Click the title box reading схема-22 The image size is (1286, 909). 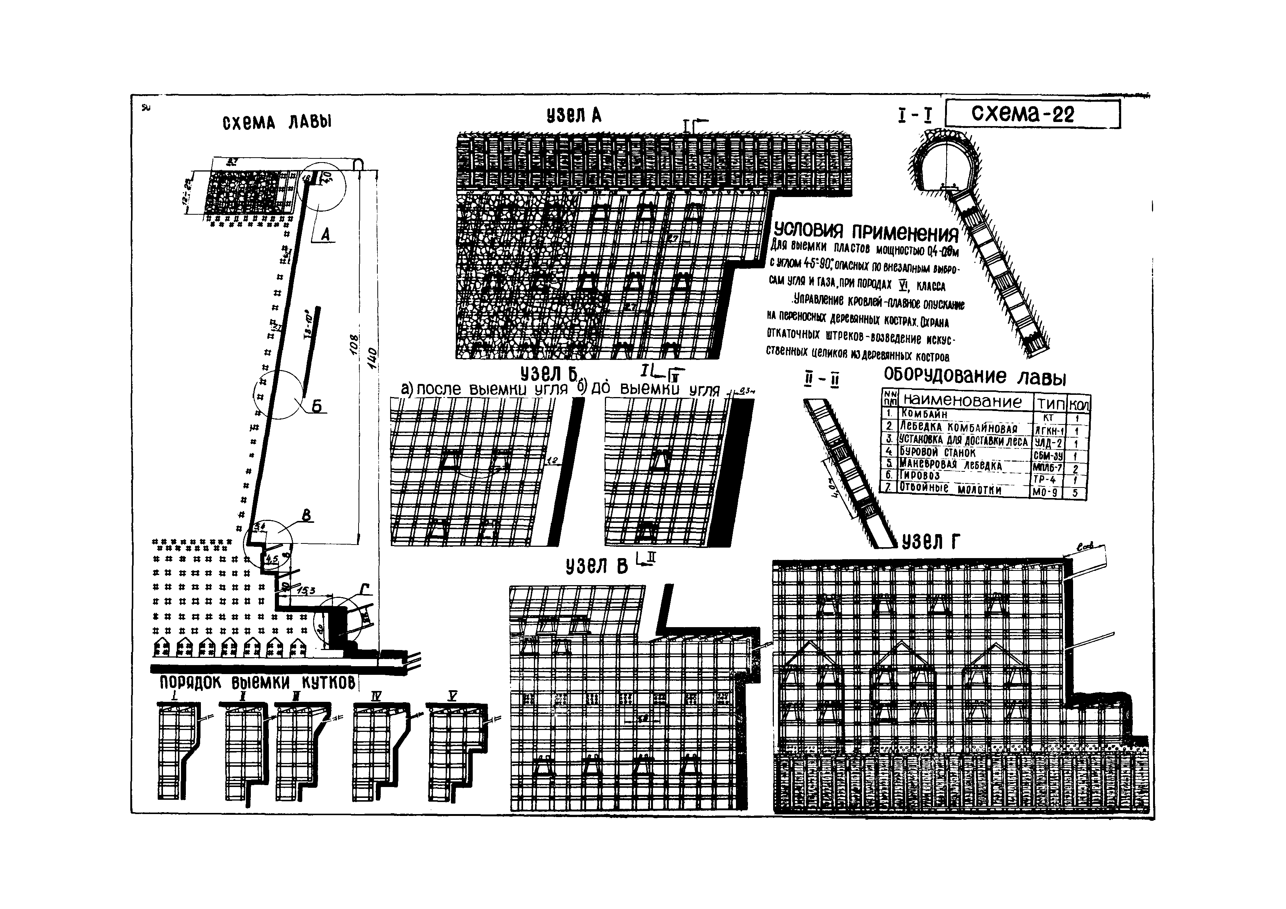[x=1032, y=114]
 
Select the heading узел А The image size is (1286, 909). [x=574, y=115]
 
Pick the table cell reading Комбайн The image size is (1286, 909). [x=925, y=415]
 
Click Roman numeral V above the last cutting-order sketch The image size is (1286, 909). [x=452, y=696]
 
